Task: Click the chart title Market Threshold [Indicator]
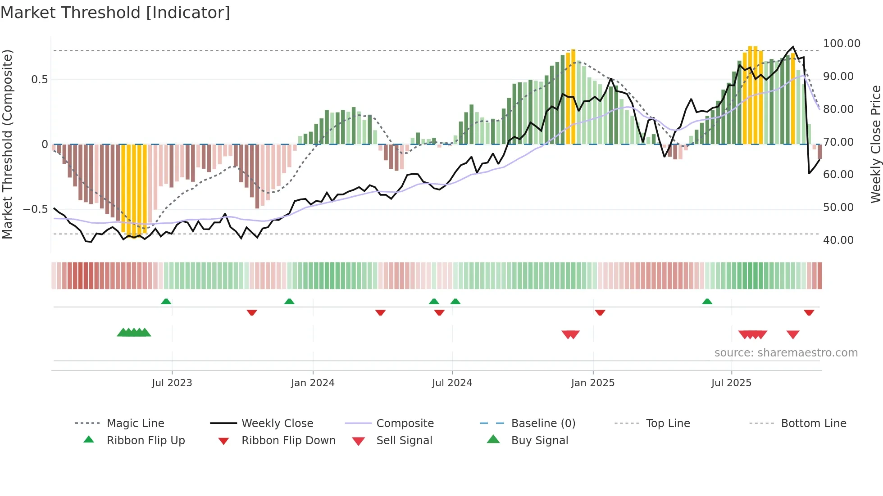point(115,13)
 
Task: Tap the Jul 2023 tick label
point(172,383)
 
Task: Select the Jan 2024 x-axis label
point(313,383)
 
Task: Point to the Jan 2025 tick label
point(592,383)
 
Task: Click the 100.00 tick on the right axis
point(842,44)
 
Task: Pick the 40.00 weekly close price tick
point(838,240)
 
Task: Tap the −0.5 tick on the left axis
point(35,209)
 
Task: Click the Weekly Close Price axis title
point(875,144)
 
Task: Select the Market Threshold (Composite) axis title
point(7,144)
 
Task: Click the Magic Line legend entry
point(135,424)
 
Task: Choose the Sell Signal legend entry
point(404,441)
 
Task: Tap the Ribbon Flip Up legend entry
point(146,441)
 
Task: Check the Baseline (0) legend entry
point(543,424)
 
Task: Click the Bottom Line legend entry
point(813,424)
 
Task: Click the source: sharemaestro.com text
point(786,353)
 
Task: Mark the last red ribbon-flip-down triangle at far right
point(809,312)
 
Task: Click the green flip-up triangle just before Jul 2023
point(166,302)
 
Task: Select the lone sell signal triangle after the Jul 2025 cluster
point(793,334)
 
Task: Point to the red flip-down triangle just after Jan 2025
point(600,312)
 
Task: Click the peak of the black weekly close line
point(793,47)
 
